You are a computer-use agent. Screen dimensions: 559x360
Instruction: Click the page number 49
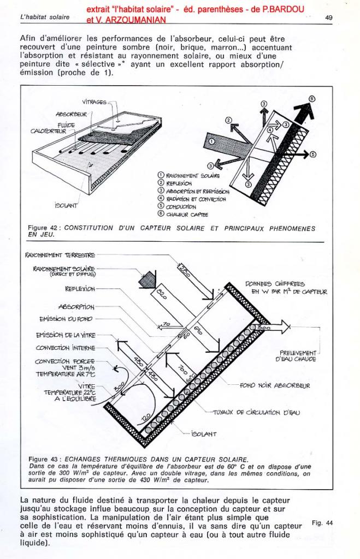(x=329, y=17)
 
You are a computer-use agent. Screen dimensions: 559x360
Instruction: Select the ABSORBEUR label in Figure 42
(x=71, y=114)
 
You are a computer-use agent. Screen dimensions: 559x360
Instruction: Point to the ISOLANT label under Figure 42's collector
(x=67, y=205)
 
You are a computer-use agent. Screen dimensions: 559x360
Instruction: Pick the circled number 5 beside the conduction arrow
(x=313, y=154)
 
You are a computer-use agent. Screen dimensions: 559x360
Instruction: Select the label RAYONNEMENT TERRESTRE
(x=60, y=255)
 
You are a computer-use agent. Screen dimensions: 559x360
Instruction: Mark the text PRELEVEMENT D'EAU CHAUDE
(x=297, y=355)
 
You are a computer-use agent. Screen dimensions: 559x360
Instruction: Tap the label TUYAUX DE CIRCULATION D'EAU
(x=261, y=413)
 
